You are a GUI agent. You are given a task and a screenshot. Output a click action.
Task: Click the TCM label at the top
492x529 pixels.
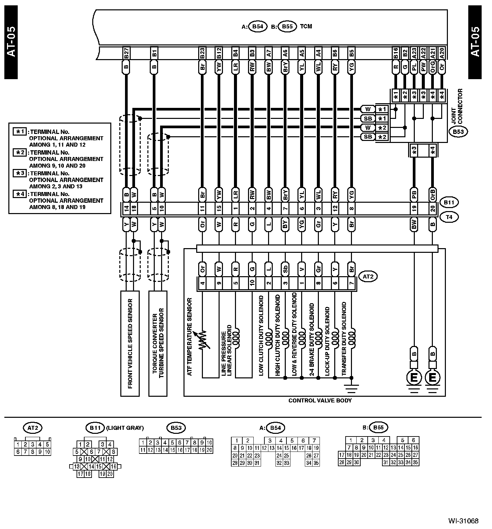tap(306, 26)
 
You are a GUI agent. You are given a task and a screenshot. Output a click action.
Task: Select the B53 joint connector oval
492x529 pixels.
tap(458, 132)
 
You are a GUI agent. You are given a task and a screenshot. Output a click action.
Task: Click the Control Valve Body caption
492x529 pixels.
tap(320, 400)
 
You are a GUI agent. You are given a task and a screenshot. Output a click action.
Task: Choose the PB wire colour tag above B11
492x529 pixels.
tap(414, 194)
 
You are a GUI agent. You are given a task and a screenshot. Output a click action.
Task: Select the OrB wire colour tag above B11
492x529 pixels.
tap(433, 194)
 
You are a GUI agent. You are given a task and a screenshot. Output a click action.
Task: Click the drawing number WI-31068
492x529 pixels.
tap(463, 521)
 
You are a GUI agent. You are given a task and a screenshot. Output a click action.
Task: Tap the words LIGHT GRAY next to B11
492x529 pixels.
tap(125, 428)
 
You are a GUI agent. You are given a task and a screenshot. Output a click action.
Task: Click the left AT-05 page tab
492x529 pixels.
tap(11, 42)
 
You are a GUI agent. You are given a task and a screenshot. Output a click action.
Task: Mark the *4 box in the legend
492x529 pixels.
tap(19, 194)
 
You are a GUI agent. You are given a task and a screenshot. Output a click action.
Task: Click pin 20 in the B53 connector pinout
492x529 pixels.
tap(209, 450)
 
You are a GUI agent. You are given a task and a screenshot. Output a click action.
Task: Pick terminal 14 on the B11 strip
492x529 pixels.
tap(126, 209)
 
